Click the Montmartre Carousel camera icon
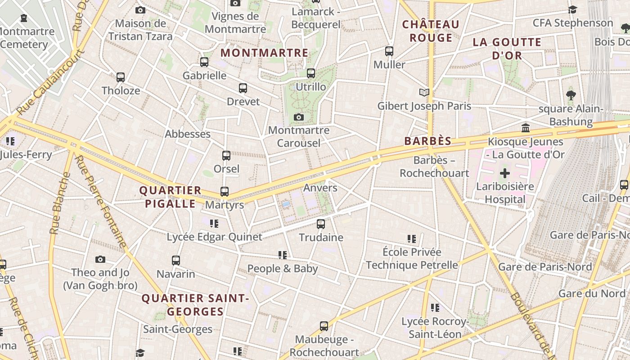(x=298, y=117)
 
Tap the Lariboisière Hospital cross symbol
(x=505, y=173)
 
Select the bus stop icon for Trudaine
(x=321, y=224)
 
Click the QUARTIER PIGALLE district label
(x=170, y=197)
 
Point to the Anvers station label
(x=320, y=188)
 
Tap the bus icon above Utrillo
(x=311, y=73)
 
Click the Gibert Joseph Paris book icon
(x=424, y=92)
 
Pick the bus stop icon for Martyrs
(x=225, y=192)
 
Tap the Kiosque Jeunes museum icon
(x=526, y=128)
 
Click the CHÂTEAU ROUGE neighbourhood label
(x=431, y=31)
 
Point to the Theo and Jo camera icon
(x=100, y=260)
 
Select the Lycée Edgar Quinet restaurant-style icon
(x=214, y=223)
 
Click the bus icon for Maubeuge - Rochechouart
(x=324, y=326)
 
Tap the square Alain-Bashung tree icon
(x=571, y=95)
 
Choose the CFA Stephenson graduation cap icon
(x=572, y=9)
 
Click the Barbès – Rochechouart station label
(x=434, y=166)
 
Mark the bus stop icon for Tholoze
(x=121, y=77)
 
